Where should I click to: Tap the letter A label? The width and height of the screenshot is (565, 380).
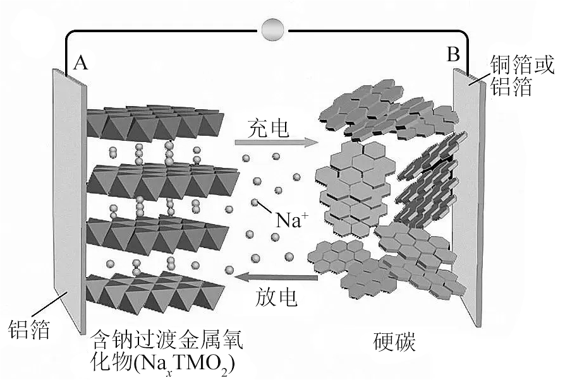click(81, 62)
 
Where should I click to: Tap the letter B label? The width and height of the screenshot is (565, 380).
click(453, 55)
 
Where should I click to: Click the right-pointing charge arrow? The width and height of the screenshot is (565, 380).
click(274, 142)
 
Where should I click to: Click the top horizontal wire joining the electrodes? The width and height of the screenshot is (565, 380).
click(171, 29)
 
